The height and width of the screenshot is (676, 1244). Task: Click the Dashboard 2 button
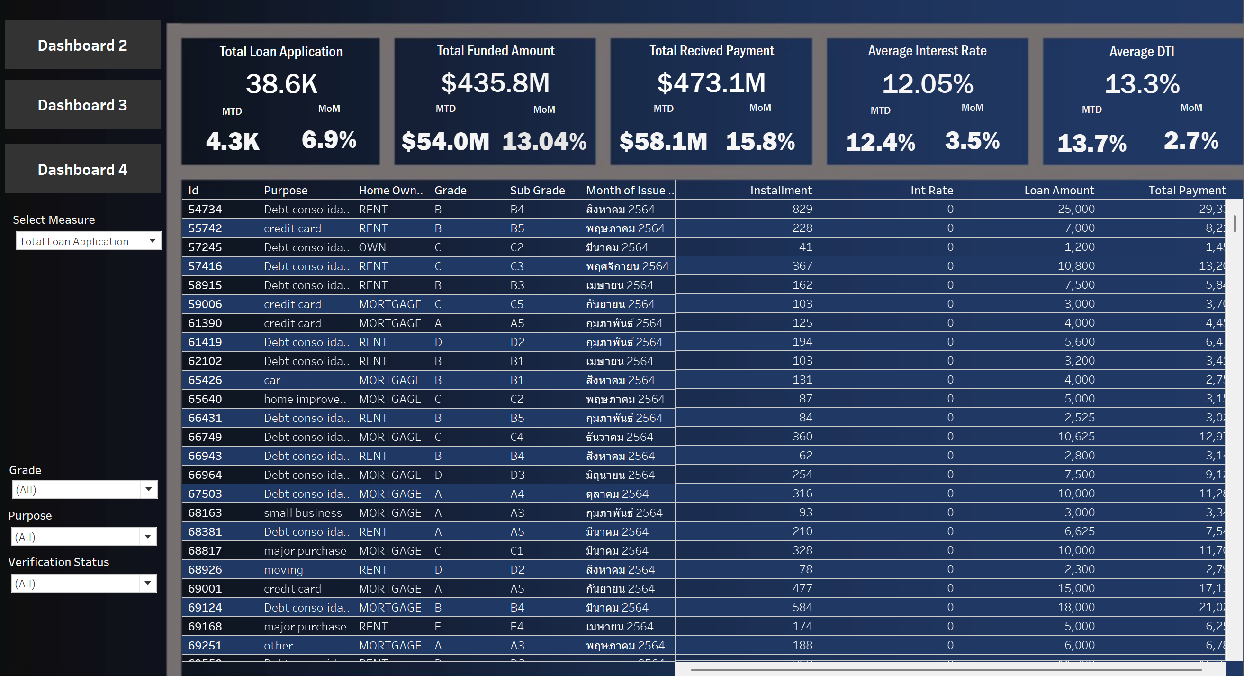(x=82, y=46)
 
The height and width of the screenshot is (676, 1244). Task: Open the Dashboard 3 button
(x=82, y=105)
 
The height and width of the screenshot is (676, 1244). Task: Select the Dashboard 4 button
(x=82, y=170)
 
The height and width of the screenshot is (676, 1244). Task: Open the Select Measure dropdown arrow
(x=153, y=241)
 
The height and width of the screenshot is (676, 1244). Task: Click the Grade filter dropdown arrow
(x=149, y=489)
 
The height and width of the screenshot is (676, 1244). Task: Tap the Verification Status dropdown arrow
(x=148, y=583)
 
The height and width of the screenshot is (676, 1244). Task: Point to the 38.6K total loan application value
(x=281, y=83)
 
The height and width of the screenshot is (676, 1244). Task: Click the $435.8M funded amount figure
(x=495, y=82)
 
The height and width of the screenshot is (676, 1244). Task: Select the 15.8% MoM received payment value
(x=760, y=142)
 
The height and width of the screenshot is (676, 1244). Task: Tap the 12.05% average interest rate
(x=927, y=83)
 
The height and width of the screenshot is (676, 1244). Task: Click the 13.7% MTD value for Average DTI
(x=1091, y=144)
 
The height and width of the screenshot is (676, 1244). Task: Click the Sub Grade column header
(x=537, y=191)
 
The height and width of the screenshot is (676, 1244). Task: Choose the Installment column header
(x=780, y=191)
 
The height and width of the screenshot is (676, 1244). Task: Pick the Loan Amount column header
(x=1059, y=191)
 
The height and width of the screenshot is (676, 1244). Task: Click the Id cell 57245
(x=205, y=247)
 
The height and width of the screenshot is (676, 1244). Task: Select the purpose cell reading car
(x=272, y=380)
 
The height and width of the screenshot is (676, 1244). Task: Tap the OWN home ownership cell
(x=372, y=247)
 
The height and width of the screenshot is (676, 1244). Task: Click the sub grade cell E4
(x=517, y=627)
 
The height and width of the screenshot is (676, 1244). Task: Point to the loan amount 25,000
(x=1076, y=209)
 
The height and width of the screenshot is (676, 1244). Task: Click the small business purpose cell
(x=302, y=512)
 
